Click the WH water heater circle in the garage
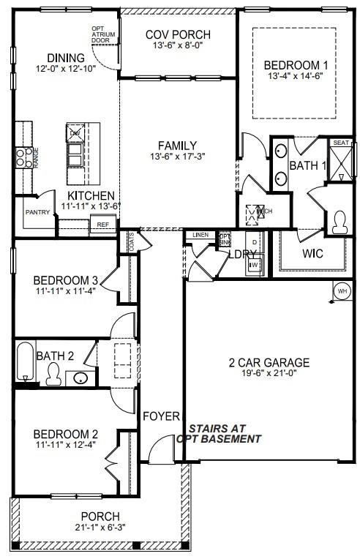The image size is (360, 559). [x=342, y=291]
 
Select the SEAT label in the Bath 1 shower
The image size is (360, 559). [x=340, y=143]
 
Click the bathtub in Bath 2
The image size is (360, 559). [x=26, y=362]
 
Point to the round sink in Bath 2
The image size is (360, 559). [x=80, y=378]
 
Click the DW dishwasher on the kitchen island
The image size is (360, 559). [x=75, y=133]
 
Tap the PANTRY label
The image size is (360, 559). [x=37, y=211]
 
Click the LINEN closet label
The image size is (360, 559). [x=200, y=235]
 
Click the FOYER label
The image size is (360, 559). [x=161, y=416]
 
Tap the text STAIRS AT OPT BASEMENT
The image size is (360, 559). [x=219, y=434]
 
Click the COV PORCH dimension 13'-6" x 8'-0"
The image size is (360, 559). [x=178, y=47]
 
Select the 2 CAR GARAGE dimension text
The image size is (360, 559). [x=269, y=375]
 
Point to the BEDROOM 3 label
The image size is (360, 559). [x=65, y=279]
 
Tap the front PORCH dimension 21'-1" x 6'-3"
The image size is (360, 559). [x=100, y=527]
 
